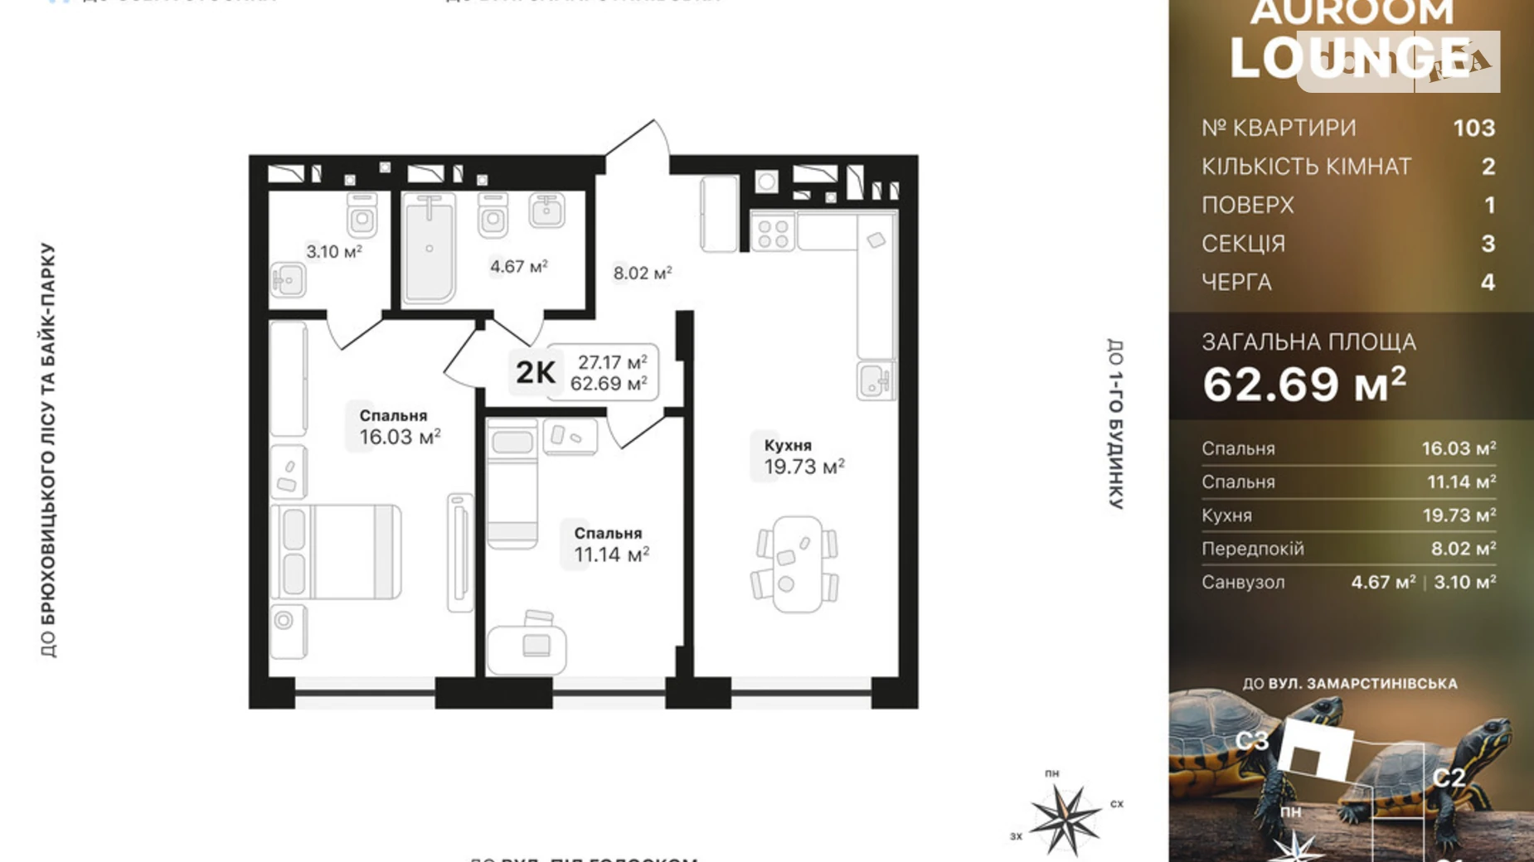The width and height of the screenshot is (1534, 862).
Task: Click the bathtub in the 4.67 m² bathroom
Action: (x=430, y=249)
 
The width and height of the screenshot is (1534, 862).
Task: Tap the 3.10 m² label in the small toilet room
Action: (x=333, y=251)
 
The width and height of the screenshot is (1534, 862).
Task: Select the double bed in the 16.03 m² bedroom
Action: (x=336, y=552)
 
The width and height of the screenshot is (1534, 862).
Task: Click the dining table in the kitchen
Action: (x=796, y=564)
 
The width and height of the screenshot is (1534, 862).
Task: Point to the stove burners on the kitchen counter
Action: (x=773, y=231)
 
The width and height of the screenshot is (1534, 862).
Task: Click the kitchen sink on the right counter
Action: (x=875, y=381)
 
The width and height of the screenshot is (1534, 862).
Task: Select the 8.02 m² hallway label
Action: (x=642, y=273)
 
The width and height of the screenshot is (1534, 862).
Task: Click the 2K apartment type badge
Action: (x=536, y=372)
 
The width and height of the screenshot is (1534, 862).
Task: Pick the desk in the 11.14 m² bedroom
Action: (x=527, y=648)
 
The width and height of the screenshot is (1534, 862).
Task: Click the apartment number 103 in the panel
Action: (x=1473, y=128)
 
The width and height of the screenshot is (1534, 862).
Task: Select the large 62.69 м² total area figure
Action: (x=1304, y=385)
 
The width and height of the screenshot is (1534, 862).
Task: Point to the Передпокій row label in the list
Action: (x=1252, y=549)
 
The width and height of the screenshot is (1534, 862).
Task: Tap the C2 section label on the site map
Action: (x=1448, y=777)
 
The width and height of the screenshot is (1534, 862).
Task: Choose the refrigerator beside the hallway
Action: (x=719, y=213)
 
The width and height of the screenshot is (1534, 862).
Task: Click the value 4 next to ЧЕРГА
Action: (x=1488, y=283)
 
